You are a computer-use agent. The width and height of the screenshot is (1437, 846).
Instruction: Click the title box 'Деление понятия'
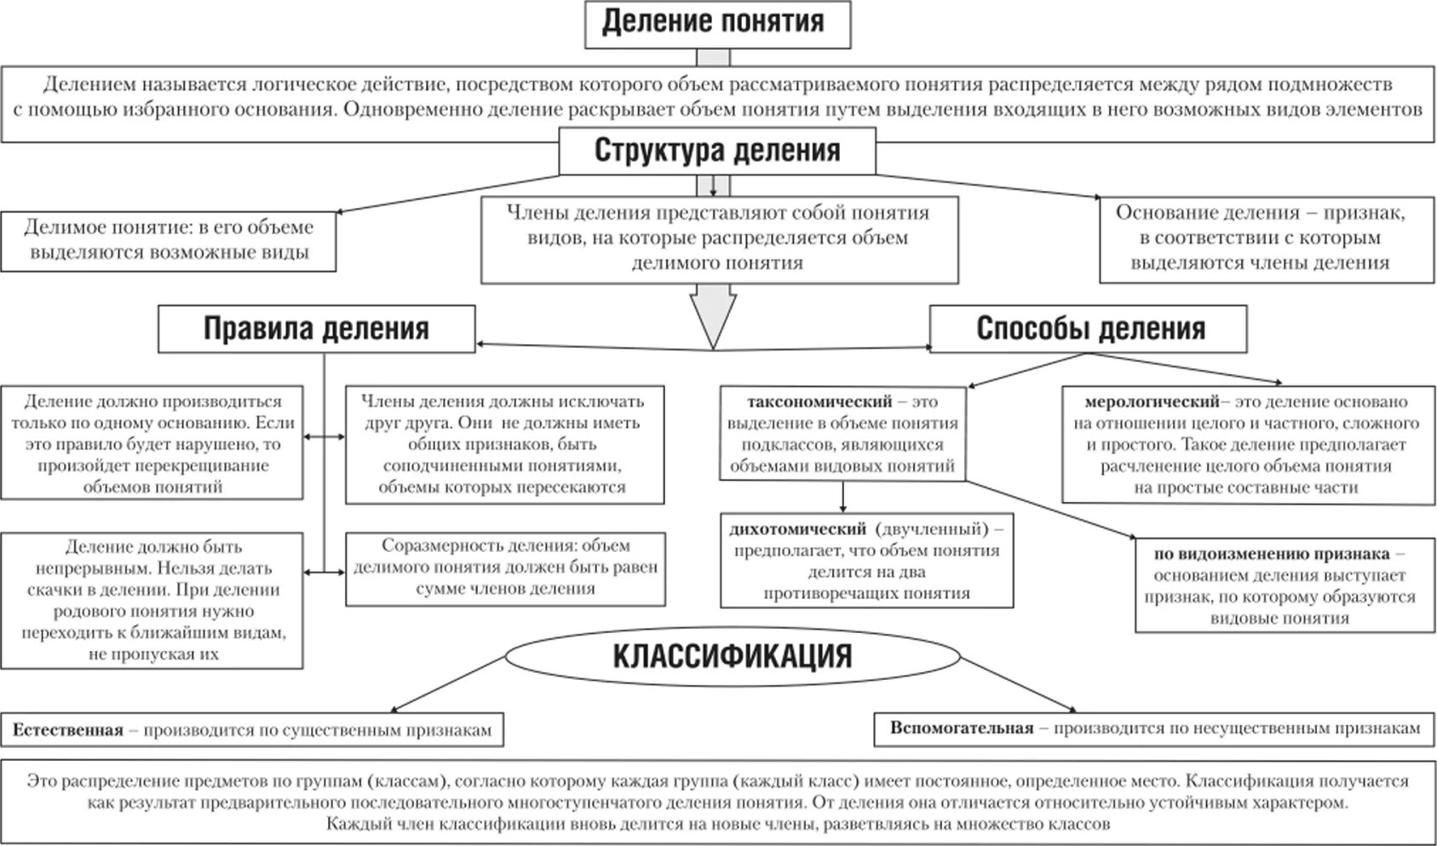pos(716,23)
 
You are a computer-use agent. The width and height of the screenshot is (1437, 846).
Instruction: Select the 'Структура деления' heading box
pos(717,151)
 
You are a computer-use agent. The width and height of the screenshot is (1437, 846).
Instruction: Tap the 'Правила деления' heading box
pos(316,329)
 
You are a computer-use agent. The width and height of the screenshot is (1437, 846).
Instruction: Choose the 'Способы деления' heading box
pos(1088,329)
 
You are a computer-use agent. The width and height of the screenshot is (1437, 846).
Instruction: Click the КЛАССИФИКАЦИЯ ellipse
pos(733,657)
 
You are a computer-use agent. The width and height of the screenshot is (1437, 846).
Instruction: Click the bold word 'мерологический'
pos(1152,401)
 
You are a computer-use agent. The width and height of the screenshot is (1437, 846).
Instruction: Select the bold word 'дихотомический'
pos(797,529)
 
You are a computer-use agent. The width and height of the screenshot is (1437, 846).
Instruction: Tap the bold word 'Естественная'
pos(68,730)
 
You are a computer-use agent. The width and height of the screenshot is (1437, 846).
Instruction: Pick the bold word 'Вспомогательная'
pos(962,728)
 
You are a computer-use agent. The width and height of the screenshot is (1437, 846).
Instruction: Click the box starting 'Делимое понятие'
pos(168,240)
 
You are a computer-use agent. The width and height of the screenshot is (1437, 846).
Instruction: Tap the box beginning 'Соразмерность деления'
pos(505,567)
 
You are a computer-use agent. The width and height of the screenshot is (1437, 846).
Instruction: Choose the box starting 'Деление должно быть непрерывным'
pos(152,600)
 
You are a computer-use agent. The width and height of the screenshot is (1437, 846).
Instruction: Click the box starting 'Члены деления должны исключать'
pos(504,444)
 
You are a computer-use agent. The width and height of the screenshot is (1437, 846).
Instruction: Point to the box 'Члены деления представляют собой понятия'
pos(718,239)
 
